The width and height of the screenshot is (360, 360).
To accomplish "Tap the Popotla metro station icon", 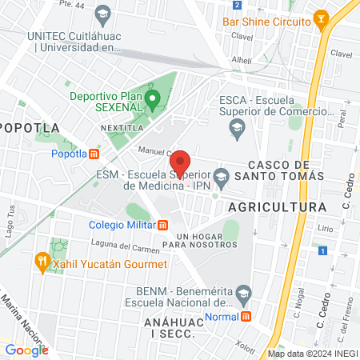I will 94,154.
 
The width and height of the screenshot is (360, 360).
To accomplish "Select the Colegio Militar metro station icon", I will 163,224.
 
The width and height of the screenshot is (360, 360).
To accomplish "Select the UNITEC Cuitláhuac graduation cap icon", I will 102,14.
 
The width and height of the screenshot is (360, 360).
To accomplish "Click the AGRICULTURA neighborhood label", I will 277,206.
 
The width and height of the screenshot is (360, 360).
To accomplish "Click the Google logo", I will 26,350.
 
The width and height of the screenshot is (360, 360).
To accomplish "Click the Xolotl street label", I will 245,346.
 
